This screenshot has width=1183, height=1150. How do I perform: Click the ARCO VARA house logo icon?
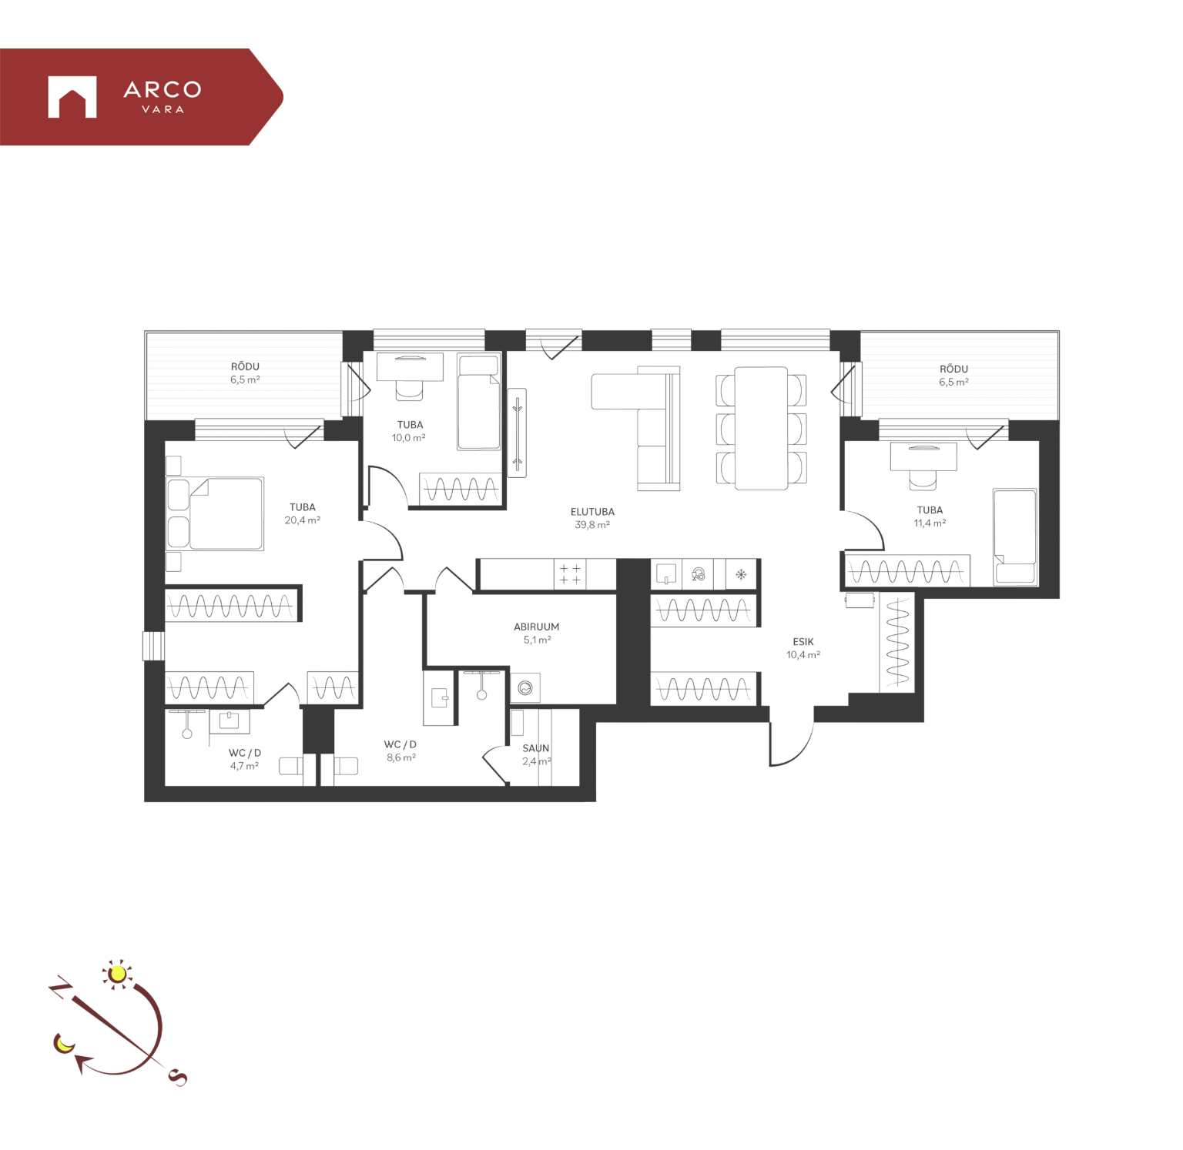(x=72, y=97)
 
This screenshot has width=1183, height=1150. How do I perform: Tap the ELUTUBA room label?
(x=592, y=512)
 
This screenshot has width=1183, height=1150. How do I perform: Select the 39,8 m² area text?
(x=592, y=525)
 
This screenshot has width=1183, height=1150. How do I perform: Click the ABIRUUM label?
(x=537, y=627)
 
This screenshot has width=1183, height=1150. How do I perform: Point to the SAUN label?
(x=536, y=748)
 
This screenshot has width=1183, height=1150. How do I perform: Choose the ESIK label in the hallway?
(x=803, y=642)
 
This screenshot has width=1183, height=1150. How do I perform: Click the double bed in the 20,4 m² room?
(x=226, y=513)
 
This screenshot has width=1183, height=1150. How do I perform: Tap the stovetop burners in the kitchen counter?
(x=570, y=574)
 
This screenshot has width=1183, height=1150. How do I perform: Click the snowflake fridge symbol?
(x=742, y=574)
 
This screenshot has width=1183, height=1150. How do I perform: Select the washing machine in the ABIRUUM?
(x=525, y=687)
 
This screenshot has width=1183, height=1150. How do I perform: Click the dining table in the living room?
(x=761, y=428)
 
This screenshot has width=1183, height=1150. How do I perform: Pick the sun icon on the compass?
(x=118, y=974)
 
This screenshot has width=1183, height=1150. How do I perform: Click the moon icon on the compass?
(x=63, y=1044)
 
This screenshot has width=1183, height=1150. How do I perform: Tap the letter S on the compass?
(x=178, y=1078)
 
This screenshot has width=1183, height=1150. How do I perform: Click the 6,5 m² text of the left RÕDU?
(x=245, y=379)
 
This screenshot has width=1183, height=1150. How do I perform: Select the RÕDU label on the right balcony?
(x=953, y=369)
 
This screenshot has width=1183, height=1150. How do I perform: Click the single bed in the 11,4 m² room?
(x=1015, y=537)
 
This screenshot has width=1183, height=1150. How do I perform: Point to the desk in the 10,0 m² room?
(x=410, y=366)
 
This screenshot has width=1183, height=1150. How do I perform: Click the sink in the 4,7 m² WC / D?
(x=230, y=721)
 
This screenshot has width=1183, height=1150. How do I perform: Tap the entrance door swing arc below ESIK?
(x=801, y=751)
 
